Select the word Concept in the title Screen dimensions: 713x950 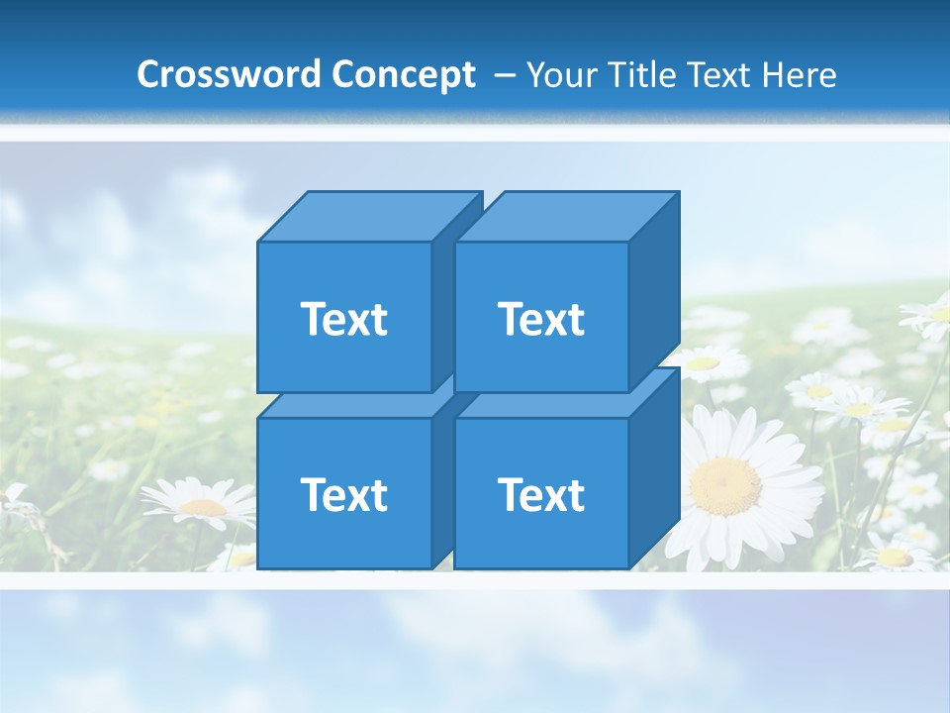(x=403, y=75)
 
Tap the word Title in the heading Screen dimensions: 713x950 (x=644, y=75)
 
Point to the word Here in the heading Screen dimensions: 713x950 (x=801, y=75)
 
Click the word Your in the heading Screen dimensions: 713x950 (x=563, y=75)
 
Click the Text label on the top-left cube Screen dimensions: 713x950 (x=343, y=319)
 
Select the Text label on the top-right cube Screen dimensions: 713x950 (x=540, y=319)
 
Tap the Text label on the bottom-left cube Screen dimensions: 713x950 (x=343, y=494)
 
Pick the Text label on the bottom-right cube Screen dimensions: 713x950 (x=540, y=494)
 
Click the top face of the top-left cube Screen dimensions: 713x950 (x=368, y=216)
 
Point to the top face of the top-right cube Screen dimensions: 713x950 (x=565, y=216)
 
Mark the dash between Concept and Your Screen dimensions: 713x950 (x=503, y=75)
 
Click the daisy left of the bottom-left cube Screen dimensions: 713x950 (x=203, y=506)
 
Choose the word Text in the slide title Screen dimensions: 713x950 (x=717, y=75)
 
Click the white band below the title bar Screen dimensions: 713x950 (x=475, y=133)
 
